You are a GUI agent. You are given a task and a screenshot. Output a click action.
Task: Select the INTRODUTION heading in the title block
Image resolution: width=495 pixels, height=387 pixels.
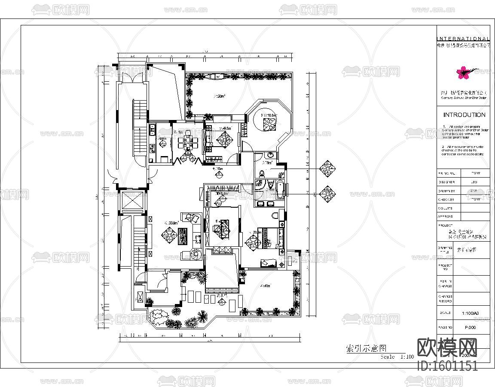[464, 115]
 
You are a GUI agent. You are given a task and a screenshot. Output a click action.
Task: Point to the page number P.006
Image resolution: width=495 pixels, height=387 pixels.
[471, 328]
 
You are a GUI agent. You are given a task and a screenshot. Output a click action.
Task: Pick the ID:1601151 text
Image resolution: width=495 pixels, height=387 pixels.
[447, 366]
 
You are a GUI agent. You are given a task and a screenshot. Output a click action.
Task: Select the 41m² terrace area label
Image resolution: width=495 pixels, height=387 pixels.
[265, 286]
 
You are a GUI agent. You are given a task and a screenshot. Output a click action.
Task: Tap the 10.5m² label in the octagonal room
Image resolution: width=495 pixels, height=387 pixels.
[271, 115]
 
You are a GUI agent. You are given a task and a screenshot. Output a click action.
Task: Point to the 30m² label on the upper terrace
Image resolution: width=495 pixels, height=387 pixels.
[220, 96]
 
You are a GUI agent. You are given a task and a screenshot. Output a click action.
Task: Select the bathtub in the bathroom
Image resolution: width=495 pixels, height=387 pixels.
[280, 189]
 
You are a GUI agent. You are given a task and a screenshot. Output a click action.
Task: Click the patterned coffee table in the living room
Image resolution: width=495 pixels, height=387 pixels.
[183, 236]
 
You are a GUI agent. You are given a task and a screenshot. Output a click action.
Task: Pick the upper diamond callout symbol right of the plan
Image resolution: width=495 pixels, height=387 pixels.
[328, 169]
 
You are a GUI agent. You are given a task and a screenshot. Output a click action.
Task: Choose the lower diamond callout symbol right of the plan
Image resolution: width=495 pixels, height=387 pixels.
[328, 194]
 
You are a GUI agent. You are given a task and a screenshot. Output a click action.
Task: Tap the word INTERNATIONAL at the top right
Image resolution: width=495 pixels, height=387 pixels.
[463, 39]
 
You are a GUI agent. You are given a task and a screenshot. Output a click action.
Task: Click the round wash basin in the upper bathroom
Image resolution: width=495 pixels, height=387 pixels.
[269, 154]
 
